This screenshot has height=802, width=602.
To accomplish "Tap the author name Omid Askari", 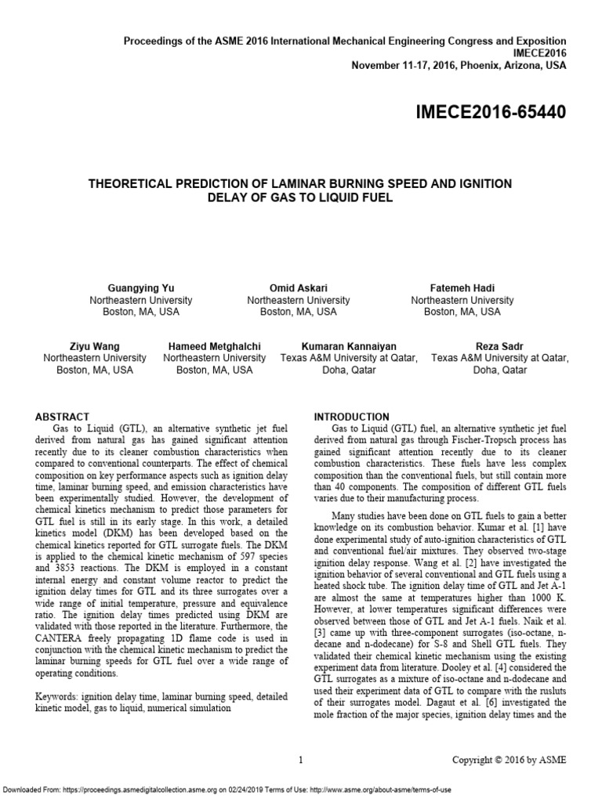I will (x=298, y=287).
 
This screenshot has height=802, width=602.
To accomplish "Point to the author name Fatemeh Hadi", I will (x=462, y=287).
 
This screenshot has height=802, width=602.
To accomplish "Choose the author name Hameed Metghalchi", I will (x=214, y=345).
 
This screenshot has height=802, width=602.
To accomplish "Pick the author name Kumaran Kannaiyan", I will (x=349, y=345).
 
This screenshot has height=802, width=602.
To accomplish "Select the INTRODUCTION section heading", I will (x=351, y=417).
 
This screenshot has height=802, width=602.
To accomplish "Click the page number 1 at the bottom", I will (x=301, y=759).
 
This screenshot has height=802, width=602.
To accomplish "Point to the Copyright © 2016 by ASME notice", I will (x=508, y=759).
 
